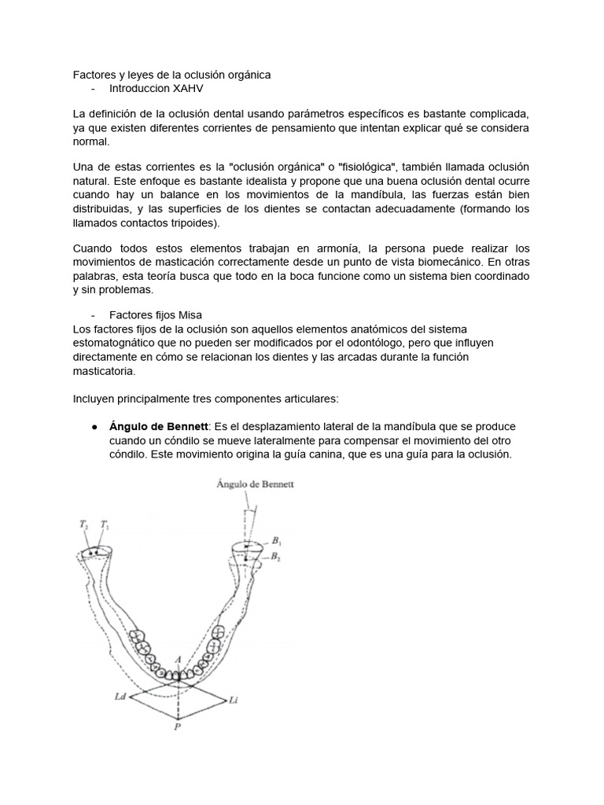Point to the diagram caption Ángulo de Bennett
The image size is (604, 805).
pos(255,485)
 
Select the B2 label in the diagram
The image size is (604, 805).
pos(276,557)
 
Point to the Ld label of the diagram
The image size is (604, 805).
pos(118,697)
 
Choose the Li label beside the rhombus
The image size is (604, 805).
pos(233,699)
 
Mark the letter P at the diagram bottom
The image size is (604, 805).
pos(178,727)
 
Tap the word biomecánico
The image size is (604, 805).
pos(446,262)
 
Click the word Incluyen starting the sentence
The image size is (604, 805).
pos(94,398)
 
